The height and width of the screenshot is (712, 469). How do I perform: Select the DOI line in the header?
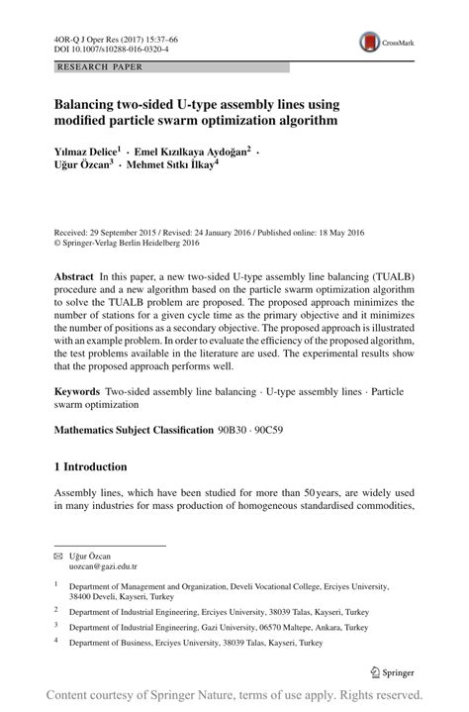[x=111, y=47]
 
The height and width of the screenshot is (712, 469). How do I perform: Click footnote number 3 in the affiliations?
[x=56, y=626]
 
